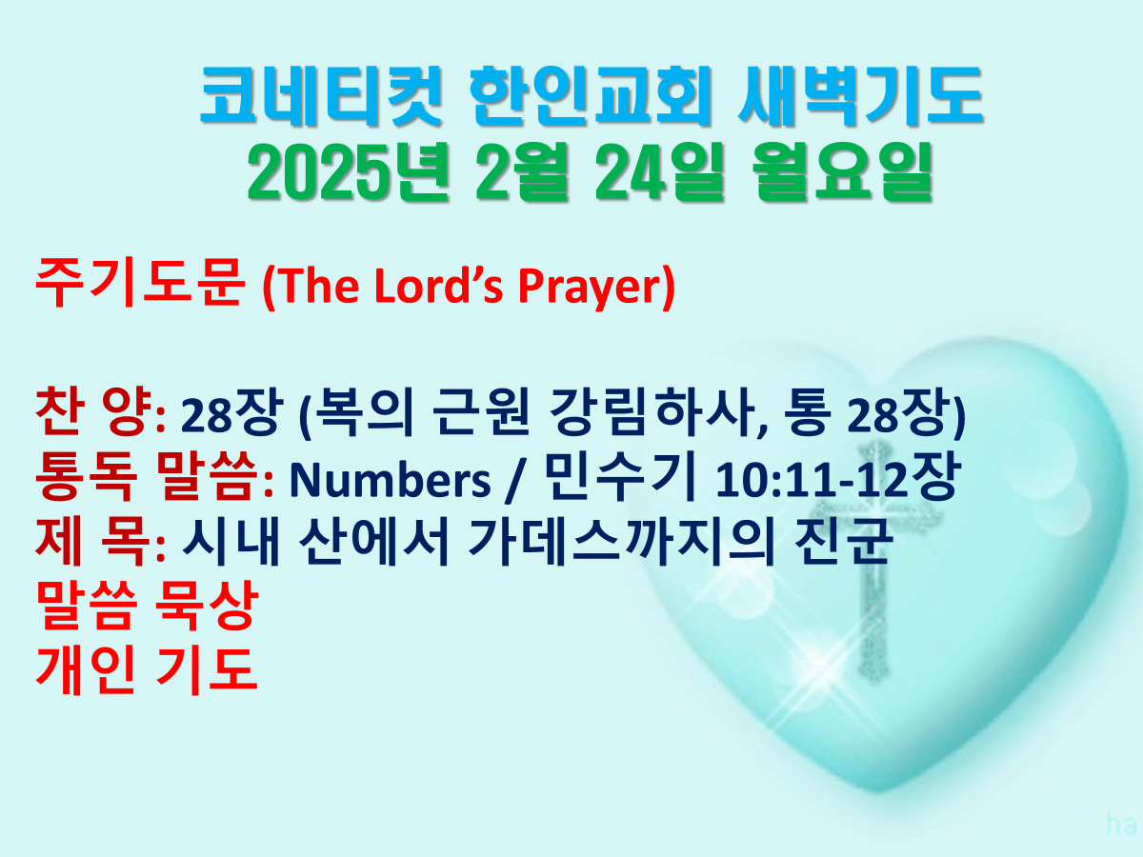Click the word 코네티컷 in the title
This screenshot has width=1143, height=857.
(320, 96)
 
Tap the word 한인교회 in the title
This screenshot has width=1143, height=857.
(590, 96)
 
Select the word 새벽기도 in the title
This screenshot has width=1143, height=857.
(860, 96)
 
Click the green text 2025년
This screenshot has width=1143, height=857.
(348, 171)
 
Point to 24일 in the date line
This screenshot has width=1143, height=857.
(659, 171)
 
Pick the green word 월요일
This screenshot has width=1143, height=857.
(842, 171)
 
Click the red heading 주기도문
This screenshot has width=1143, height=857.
(140, 283)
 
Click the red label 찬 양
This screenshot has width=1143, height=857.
(93, 411)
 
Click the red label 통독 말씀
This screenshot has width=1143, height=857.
(147, 475)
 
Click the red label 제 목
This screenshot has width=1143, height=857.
(93, 540)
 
